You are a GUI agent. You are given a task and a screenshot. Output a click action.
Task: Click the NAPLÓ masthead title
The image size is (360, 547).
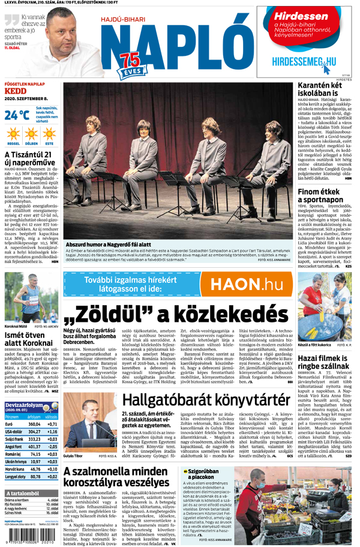[x=174, y=45]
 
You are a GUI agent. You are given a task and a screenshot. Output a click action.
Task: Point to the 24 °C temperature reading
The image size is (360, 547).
[x=17, y=115]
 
